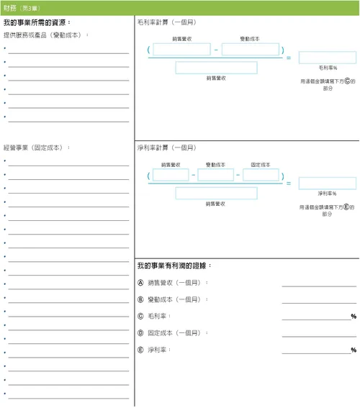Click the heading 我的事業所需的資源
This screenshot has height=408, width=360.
pos(44,23)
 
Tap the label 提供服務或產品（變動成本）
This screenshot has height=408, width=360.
pos(46,35)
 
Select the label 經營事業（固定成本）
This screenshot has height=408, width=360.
pos(37,148)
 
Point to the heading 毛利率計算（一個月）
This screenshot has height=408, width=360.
pos(166,23)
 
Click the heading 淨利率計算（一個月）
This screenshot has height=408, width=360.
pos(166,148)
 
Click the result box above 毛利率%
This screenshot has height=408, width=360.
pos(327,58)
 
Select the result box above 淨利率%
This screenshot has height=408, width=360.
pos(327,183)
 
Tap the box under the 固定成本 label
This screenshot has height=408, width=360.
pos(261,175)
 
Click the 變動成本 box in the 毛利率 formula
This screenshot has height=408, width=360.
pos(250,50)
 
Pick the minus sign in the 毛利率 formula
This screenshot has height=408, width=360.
pos(216,50)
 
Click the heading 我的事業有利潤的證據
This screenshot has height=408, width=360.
pos(174,266)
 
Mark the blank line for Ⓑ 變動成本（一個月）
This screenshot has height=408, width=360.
pos(319,302)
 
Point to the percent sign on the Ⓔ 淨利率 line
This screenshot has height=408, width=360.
pos(354,350)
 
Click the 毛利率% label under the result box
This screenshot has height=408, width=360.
pos(328,68)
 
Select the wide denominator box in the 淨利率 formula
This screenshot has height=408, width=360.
pos(216,193)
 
